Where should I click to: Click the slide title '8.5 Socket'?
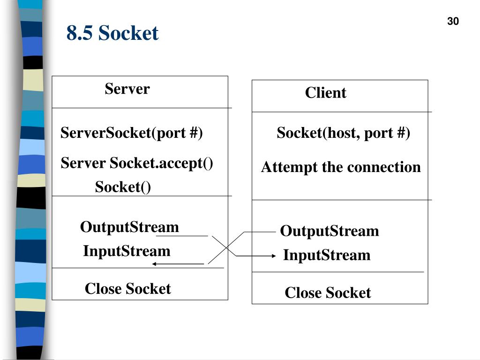(112, 33)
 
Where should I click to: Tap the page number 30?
(453, 21)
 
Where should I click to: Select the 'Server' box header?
(127, 89)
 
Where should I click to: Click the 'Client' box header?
(325, 92)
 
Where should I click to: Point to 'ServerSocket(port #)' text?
(132, 133)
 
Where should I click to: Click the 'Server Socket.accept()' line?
(136, 163)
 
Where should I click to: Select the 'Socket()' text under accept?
(123, 187)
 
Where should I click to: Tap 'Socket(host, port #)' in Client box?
(343, 133)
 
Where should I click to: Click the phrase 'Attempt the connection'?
(341, 167)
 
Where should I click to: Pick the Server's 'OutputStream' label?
(129, 227)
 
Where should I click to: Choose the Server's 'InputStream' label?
(127, 251)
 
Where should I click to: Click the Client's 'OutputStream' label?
(330, 231)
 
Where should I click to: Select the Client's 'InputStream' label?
(327, 255)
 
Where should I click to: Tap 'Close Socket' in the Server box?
(127, 288)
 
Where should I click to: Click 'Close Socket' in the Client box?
(328, 292)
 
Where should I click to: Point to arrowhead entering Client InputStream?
(274, 256)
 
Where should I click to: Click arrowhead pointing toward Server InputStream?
(154, 264)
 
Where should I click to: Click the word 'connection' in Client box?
(384, 167)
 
